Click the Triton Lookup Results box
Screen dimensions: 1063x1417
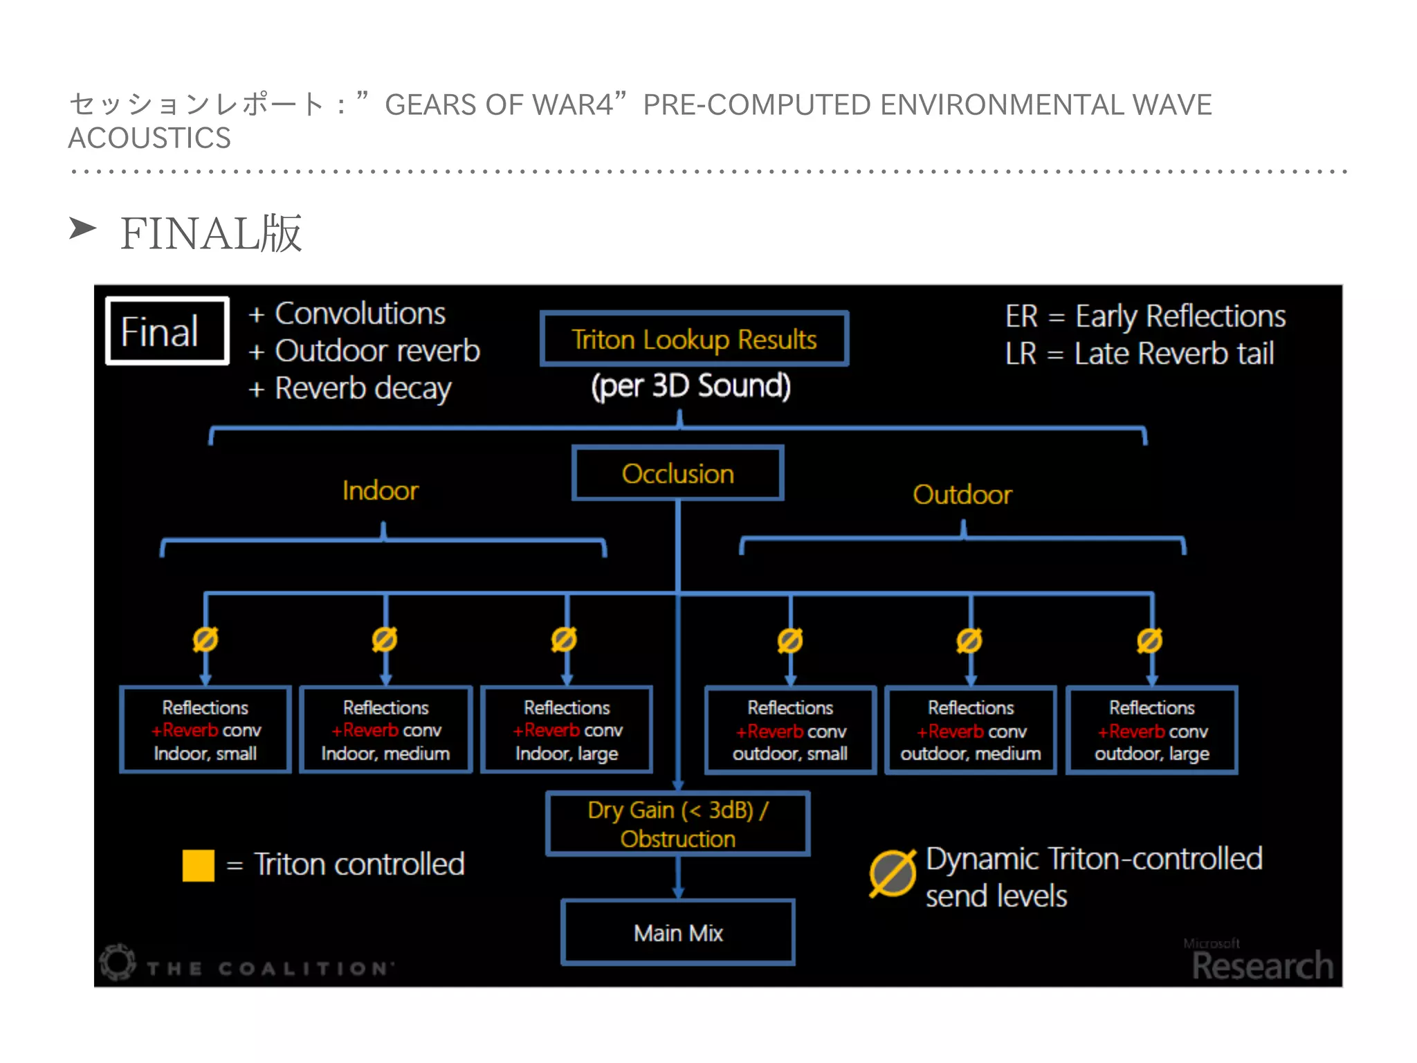(694, 339)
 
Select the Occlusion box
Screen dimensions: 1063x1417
(677, 473)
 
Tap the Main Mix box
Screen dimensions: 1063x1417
(678, 932)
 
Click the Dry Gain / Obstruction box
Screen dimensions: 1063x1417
(677, 824)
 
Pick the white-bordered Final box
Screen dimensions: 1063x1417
(167, 331)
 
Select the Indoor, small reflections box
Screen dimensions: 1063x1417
(205, 730)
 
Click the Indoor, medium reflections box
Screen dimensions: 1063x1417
(386, 730)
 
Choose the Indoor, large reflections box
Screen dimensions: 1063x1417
(567, 730)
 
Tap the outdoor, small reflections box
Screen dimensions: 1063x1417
(790, 730)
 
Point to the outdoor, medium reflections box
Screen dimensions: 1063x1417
(971, 730)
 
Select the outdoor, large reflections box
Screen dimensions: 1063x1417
(1152, 730)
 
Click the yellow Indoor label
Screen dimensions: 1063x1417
(381, 491)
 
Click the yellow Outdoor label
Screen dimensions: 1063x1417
(962, 495)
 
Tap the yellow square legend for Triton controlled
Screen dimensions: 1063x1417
(199, 865)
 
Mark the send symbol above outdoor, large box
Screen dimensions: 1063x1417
(1149, 641)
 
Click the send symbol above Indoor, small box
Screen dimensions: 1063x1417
(205, 639)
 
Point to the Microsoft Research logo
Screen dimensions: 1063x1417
(1261, 961)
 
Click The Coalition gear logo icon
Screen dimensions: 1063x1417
(118, 961)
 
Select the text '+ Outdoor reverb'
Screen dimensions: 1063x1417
(365, 351)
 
